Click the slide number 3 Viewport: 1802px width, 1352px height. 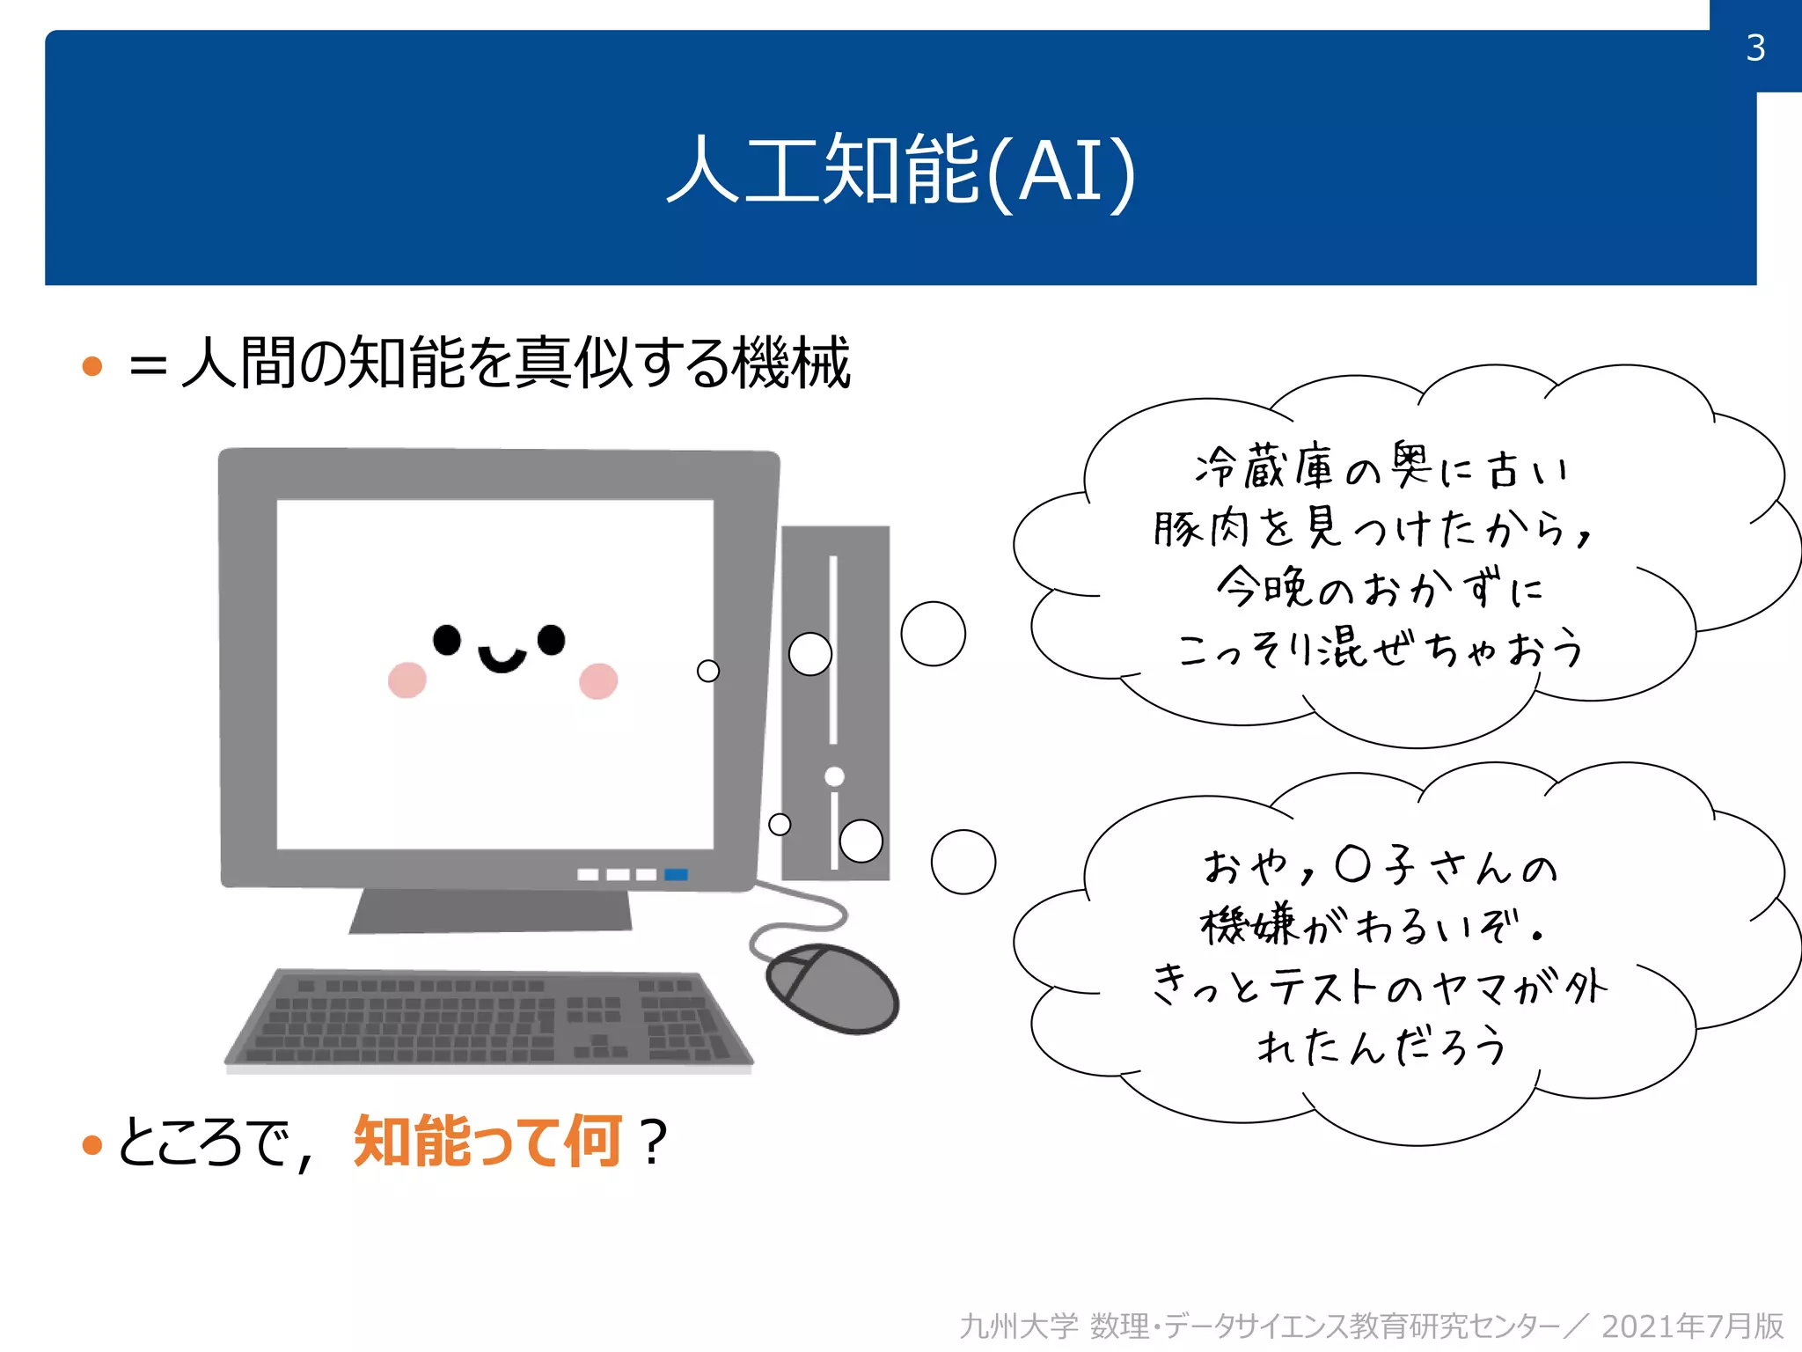(x=1755, y=48)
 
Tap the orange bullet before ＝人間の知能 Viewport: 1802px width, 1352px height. (x=92, y=365)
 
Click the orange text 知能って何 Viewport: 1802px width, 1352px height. (x=487, y=1142)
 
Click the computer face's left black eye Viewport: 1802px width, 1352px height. (x=447, y=640)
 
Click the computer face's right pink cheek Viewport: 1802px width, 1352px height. (x=598, y=680)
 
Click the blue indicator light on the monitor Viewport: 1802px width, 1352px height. (x=676, y=874)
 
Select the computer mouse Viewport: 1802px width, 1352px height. (x=831, y=988)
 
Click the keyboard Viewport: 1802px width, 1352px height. (x=489, y=1021)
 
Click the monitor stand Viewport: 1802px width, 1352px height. (x=490, y=911)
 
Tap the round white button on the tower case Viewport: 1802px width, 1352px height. (x=834, y=776)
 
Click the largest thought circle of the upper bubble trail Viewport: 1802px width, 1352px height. (x=933, y=634)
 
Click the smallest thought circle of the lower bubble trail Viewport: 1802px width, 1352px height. (x=780, y=825)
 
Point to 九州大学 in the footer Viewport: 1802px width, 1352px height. (x=1018, y=1326)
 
